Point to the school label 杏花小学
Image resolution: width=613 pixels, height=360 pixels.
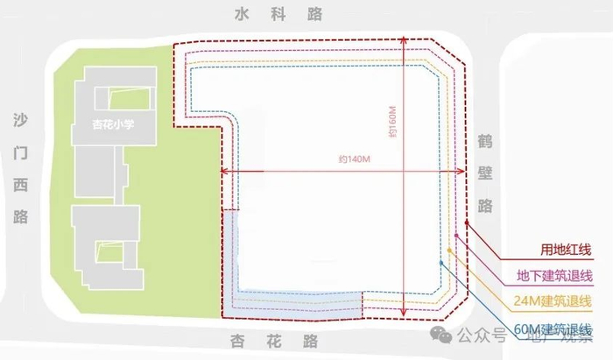click(118, 124)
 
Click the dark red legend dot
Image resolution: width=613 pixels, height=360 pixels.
click(466, 223)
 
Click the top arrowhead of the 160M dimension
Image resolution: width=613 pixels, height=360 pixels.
click(404, 39)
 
